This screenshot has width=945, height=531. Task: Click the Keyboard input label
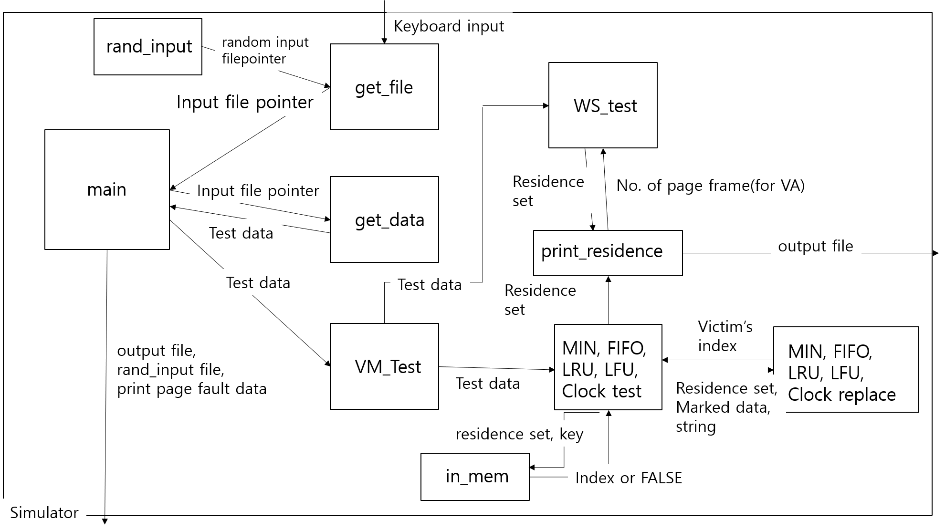[449, 26]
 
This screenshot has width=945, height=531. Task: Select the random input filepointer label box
[268, 50]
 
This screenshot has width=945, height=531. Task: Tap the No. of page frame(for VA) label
[711, 185]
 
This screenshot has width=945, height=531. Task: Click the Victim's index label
[725, 336]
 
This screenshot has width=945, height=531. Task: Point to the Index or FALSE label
[629, 477]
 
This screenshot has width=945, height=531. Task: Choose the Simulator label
[44, 512]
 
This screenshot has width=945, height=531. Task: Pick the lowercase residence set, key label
[520, 434]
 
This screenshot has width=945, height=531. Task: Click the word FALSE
[661, 477]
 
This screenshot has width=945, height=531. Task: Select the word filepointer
[254, 59]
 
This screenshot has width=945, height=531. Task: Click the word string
[696, 426]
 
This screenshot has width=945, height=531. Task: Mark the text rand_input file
[170, 370]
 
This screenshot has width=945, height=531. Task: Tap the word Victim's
[725, 327]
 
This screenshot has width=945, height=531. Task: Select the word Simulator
[44, 512]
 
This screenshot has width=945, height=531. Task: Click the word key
[571, 434]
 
